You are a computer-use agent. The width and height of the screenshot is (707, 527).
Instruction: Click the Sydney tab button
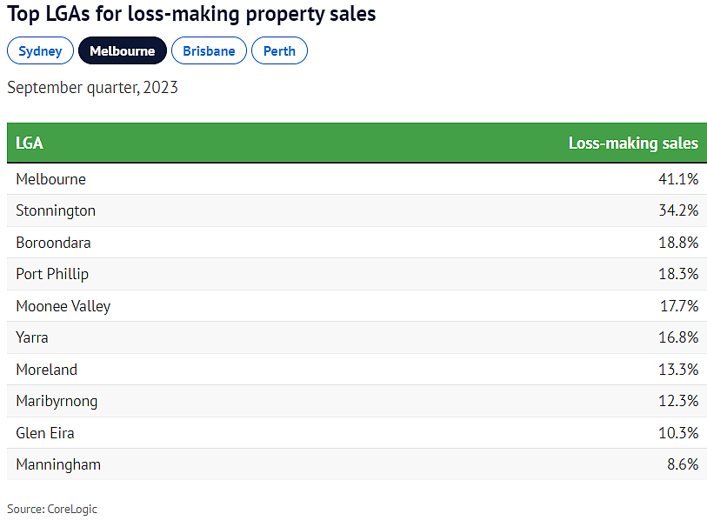(x=40, y=51)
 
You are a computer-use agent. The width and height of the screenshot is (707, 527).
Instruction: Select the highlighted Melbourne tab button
(x=122, y=51)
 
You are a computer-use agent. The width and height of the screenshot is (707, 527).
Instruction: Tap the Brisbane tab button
(x=209, y=51)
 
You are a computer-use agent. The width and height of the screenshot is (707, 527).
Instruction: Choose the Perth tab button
(x=279, y=51)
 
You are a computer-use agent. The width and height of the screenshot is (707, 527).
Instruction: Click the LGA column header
(x=30, y=143)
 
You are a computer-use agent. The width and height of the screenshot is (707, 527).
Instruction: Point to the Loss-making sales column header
(x=633, y=143)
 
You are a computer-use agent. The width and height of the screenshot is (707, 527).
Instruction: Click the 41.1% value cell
(x=678, y=179)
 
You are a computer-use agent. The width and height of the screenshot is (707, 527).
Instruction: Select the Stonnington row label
(x=56, y=210)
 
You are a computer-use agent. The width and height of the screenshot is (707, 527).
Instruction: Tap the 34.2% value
(x=678, y=210)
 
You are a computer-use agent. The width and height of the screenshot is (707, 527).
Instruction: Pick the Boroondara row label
(x=53, y=243)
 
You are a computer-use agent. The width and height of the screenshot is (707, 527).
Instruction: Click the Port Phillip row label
(x=52, y=274)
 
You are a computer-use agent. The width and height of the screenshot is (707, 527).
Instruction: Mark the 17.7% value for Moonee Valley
(x=678, y=306)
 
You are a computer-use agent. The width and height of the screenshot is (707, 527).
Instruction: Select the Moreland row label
(x=46, y=370)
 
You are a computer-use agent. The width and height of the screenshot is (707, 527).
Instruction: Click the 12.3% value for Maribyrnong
(x=678, y=401)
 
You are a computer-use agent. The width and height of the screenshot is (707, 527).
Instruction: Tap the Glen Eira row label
(x=45, y=433)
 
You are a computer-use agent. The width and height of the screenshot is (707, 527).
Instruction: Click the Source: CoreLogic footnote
(x=52, y=510)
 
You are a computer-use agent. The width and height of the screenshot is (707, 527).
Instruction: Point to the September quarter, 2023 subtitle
(x=92, y=88)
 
